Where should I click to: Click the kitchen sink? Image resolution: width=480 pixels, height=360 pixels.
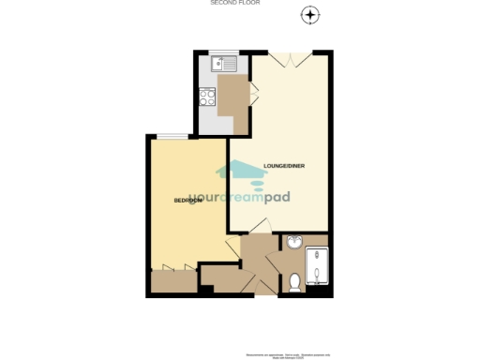[x=222, y=65]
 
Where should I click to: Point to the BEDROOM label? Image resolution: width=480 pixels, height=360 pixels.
[x=188, y=201]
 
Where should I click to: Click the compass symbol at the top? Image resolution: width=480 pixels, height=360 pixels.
[x=310, y=15]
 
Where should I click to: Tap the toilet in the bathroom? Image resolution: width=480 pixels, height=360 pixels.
[x=294, y=279]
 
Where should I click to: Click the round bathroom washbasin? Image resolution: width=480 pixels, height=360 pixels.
[x=293, y=243]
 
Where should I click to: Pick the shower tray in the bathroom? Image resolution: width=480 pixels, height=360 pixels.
[x=318, y=267]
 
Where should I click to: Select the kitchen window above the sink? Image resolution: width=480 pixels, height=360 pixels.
[x=222, y=52]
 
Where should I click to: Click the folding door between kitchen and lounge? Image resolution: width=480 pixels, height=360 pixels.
[x=253, y=94]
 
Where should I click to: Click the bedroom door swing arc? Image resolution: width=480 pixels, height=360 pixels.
[x=232, y=249]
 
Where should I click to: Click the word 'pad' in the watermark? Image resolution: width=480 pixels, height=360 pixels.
[x=297, y=198]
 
